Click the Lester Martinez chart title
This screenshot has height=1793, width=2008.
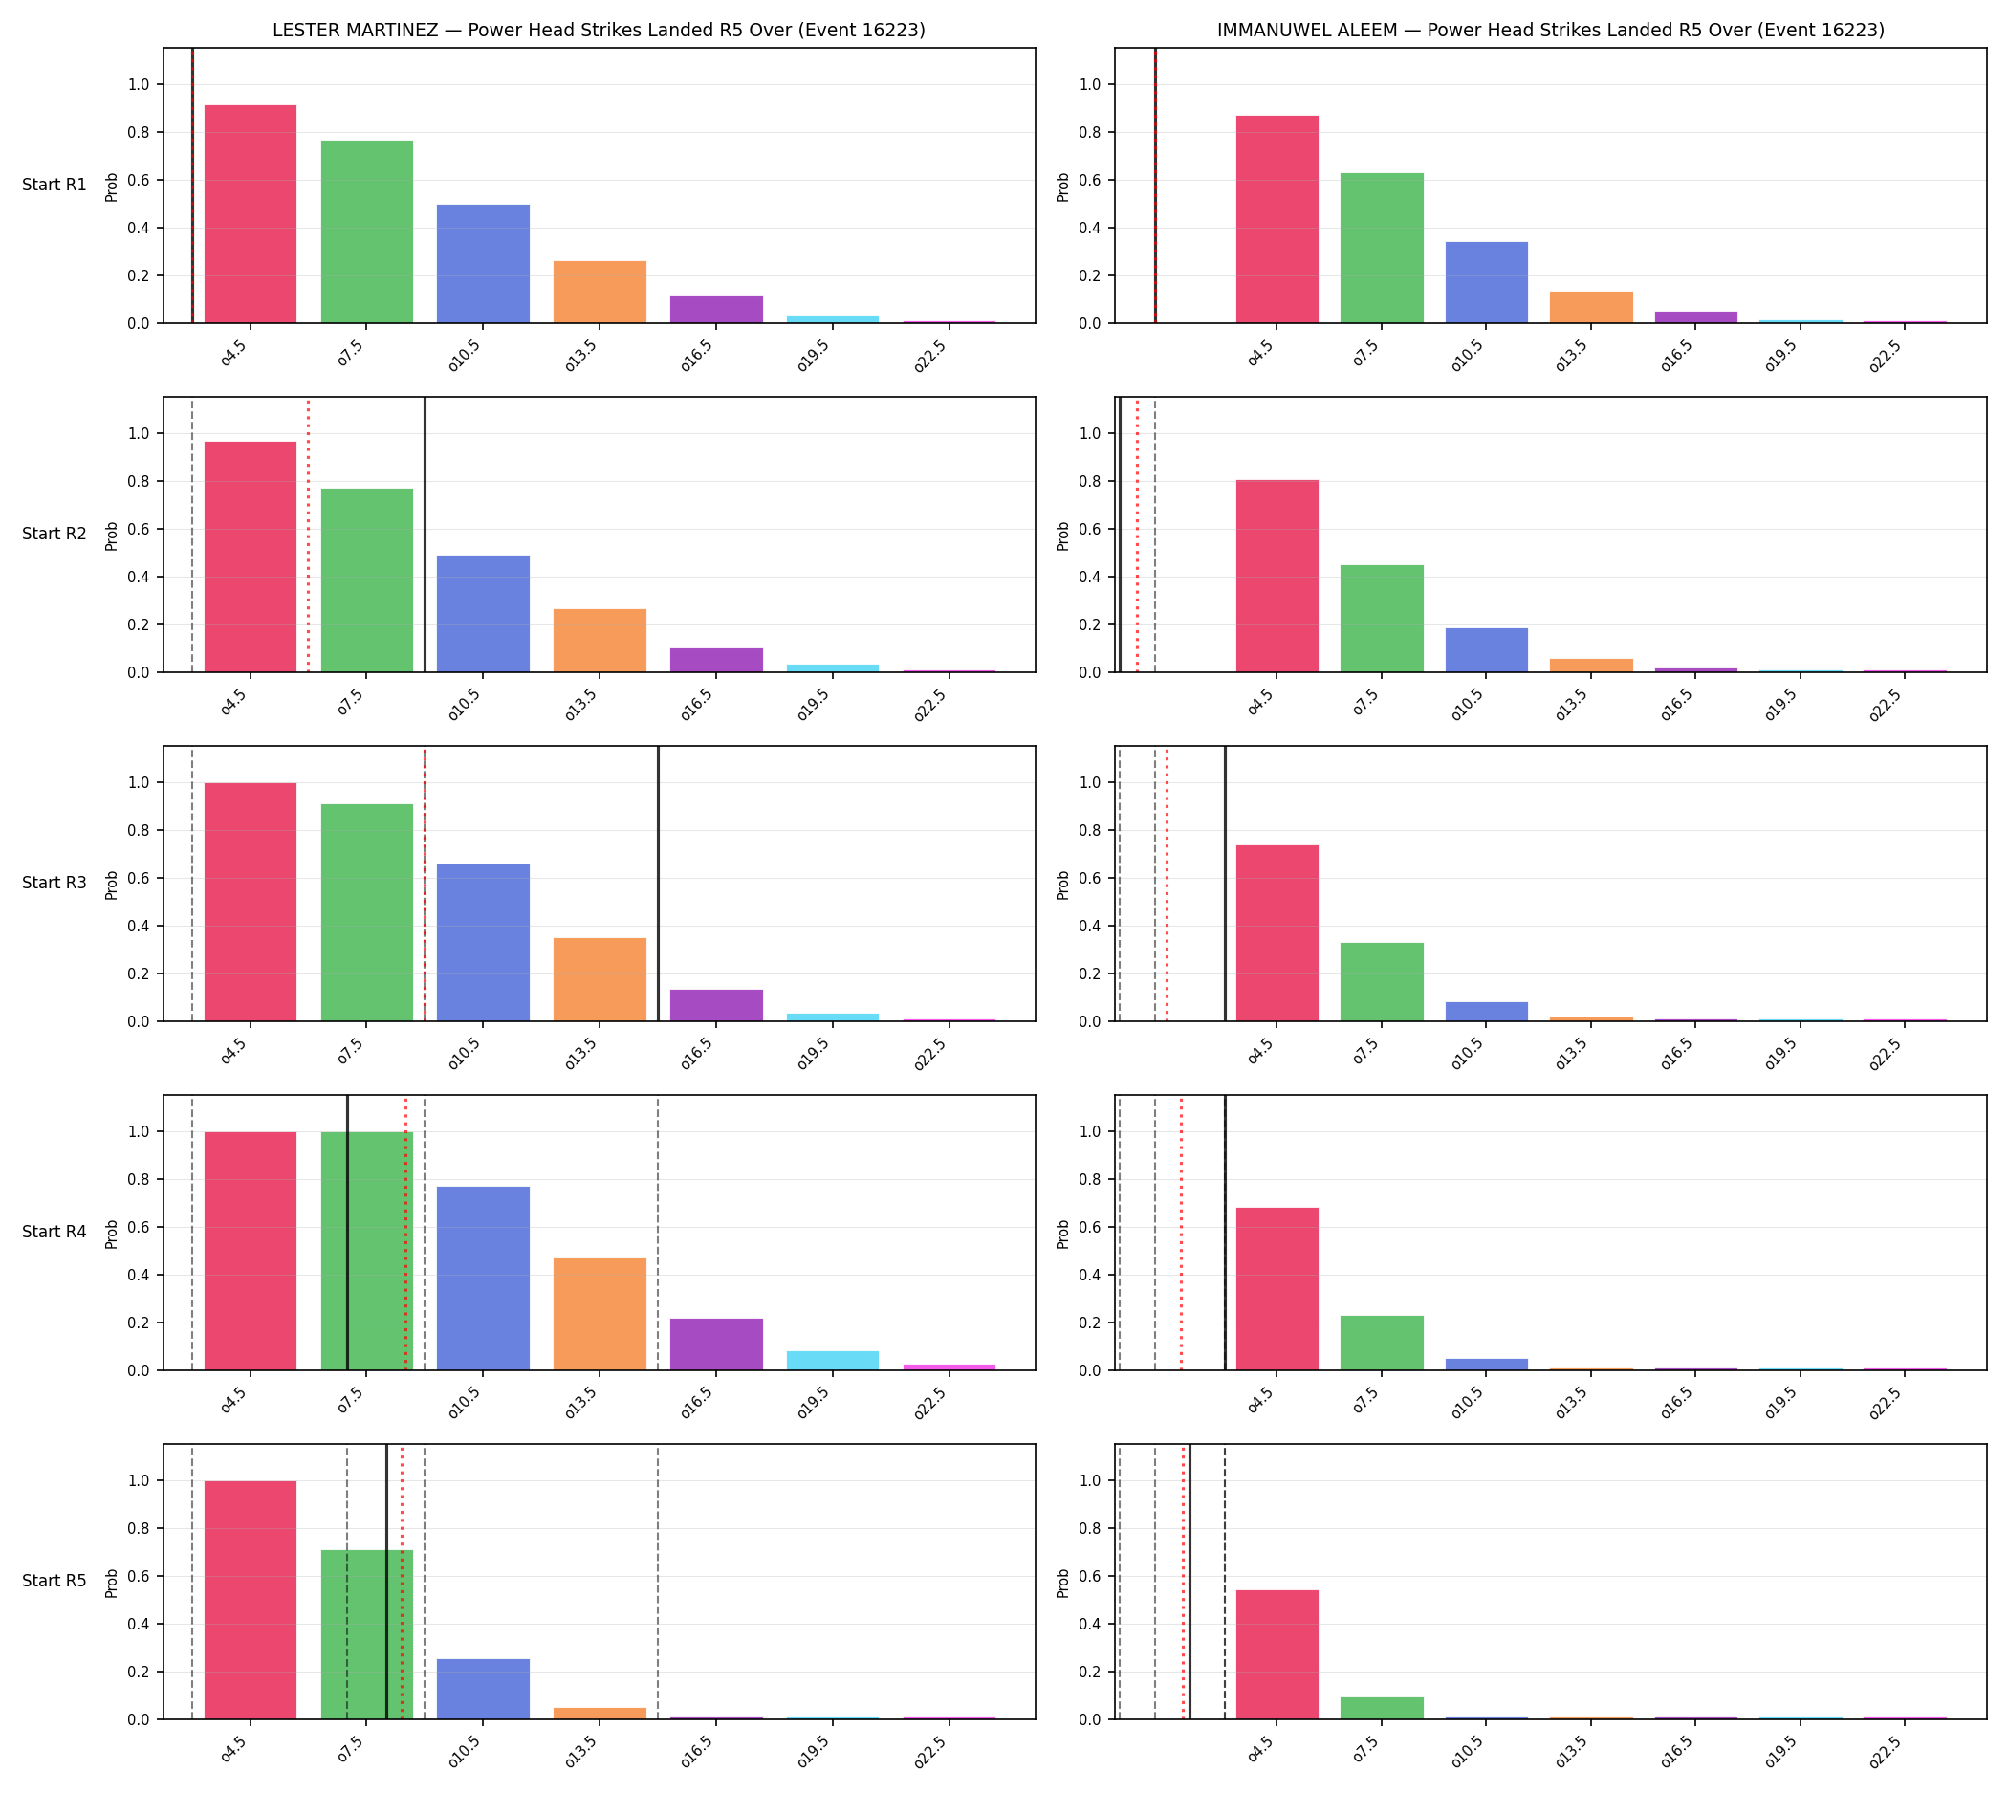(x=598, y=30)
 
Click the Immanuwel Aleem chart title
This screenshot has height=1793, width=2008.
(x=1550, y=30)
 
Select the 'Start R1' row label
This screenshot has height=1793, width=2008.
(x=55, y=185)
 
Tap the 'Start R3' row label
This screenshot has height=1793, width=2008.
(x=55, y=883)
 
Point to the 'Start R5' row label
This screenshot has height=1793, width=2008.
(x=55, y=1580)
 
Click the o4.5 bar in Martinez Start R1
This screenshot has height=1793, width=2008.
(x=251, y=214)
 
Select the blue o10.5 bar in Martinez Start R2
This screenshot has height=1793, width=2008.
(x=483, y=614)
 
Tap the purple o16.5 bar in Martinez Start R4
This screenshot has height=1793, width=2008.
(x=716, y=1344)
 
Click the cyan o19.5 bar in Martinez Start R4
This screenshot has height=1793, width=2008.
(x=833, y=1361)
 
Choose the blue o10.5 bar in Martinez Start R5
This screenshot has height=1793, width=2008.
(x=483, y=1689)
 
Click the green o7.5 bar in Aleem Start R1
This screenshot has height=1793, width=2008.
(x=1382, y=249)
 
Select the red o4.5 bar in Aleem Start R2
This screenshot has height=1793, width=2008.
(x=1277, y=577)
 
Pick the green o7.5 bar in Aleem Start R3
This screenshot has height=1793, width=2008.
(x=1382, y=982)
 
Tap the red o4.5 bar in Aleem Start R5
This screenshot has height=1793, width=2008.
(x=1277, y=1654)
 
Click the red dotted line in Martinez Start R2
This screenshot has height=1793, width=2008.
(x=309, y=535)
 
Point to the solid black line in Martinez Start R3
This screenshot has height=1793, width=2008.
(x=658, y=884)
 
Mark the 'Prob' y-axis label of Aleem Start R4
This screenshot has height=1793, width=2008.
(x=1062, y=1235)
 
